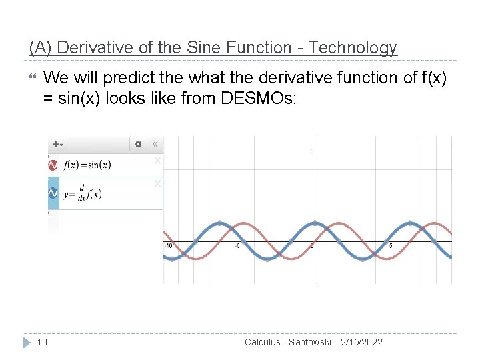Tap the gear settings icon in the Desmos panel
tap(138, 144)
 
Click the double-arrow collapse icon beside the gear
tap(155, 144)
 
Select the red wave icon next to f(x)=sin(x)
tap(53, 165)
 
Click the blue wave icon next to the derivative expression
tap(53, 193)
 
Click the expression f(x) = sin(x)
tap(87, 165)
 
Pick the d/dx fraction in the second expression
tap(81, 193)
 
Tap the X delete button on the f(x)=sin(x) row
tap(158, 161)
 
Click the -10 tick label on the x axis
tap(168, 245)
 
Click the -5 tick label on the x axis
tap(237, 245)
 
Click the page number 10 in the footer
tap(42, 342)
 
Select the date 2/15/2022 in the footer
tap(361, 342)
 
